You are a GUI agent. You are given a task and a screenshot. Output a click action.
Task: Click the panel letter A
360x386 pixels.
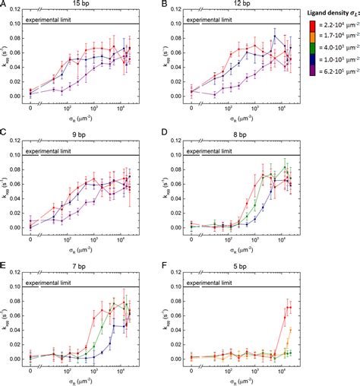click(x=4, y=5)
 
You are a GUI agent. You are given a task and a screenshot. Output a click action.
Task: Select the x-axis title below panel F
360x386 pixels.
click(x=245, y=379)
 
